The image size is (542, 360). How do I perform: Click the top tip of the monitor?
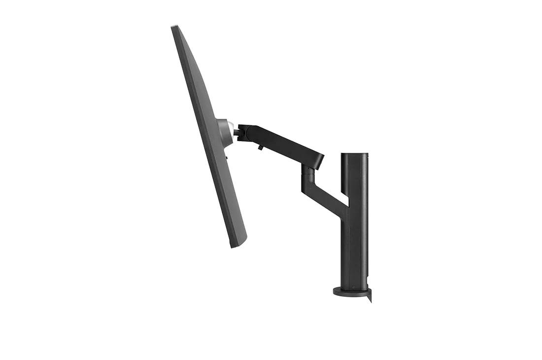tap(174, 27)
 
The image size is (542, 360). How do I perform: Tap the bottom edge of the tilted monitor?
tap(239, 245)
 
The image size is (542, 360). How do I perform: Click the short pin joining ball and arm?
tap(236, 132)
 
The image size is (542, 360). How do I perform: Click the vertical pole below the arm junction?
tap(354, 247)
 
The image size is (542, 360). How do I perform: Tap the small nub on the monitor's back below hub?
tap(227, 157)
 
